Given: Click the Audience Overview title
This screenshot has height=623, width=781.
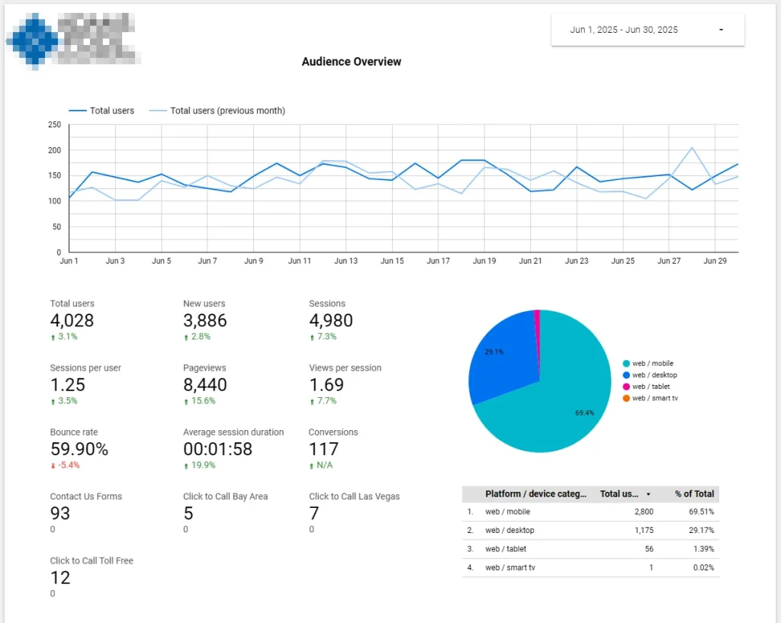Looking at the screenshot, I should click(x=351, y=62).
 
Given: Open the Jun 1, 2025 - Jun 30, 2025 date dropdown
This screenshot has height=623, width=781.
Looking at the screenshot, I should click(x=647, y=30).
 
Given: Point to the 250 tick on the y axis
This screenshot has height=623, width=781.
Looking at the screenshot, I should click(x=53, y=124).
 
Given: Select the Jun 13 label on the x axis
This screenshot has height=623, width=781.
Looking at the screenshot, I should click(x=346, y=261).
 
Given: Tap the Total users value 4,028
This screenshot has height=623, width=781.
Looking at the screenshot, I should click(x=72, y=320).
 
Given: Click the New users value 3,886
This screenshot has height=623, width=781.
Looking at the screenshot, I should click(x=204, y=320).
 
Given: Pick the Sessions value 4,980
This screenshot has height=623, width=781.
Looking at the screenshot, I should click(x=330, y=320).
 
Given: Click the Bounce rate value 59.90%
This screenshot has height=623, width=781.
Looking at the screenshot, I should click(x=79, y=449).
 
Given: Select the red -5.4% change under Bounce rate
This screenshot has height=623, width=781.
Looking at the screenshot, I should click(x=69, y=465).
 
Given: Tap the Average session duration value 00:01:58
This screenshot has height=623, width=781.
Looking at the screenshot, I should click(x=217, y=449).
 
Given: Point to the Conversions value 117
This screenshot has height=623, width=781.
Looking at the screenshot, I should click(x=323, y=449).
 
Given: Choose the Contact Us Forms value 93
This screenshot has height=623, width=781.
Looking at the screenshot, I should click(x=60, y=513).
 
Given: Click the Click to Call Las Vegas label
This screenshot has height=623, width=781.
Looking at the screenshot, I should click(x=354, y=496).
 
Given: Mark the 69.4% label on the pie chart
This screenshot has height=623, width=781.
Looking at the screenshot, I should click(x=585, y=413).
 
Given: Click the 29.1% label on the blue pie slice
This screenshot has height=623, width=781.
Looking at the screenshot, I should click(x=493, y=352).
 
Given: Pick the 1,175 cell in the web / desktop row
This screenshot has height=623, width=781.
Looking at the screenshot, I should click(x=639, y=530).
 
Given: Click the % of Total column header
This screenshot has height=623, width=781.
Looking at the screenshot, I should click(x=694, y=493).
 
